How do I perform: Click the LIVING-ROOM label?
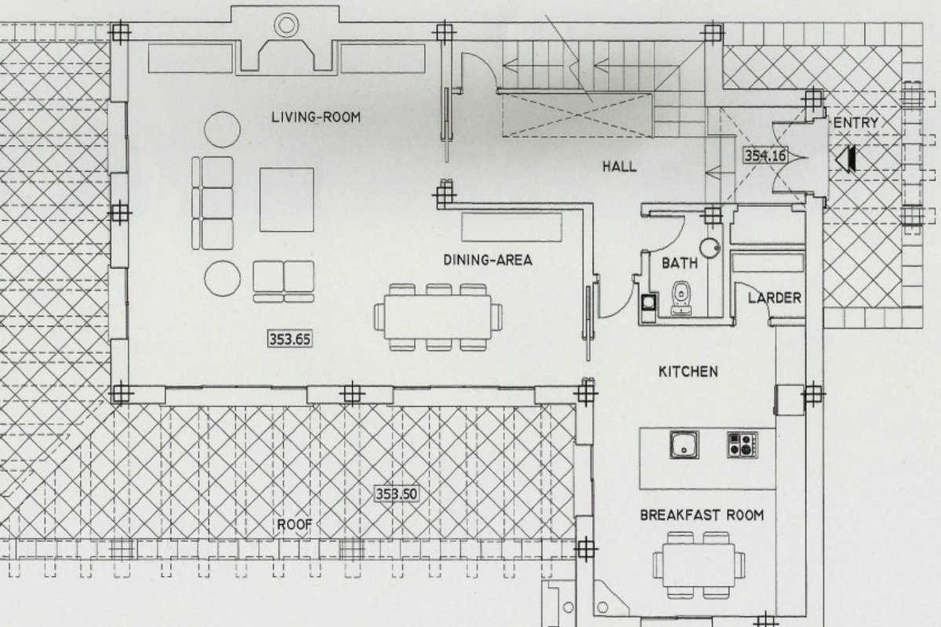click(x=316, y=117)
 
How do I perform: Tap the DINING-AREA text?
click(x=488, y=260)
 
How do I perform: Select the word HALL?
click(x=619, y=167)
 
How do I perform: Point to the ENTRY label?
click(x=856, y=122)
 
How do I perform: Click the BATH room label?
click(x=679, y=263)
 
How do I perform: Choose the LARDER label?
click(x=774, y=298)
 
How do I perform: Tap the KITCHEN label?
click(x=688, y=371)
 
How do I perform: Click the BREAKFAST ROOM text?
click(x=702, y=515)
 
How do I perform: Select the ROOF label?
click(x=295, y=524)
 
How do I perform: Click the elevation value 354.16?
click(x=765, y=156)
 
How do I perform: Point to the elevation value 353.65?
click(x=290, y=339)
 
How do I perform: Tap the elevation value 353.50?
click(x=397, y=494)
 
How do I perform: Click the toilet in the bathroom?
click(x=680, y=297)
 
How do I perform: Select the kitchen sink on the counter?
click(x=685, y=444)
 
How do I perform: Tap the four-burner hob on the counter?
click(x=743, y=444)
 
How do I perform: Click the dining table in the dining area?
click(x=438, y=317)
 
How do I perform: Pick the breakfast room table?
click(x=699, y=565)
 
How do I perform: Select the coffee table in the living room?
click(x=286, y=200)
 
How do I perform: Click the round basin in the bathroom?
click(x=710, y=248)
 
